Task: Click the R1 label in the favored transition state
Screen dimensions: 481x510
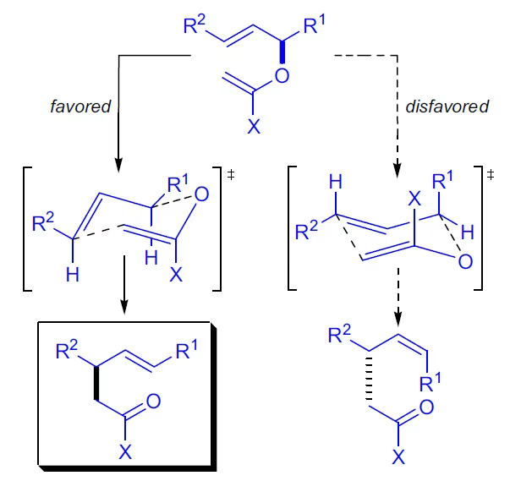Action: point(179,183)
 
